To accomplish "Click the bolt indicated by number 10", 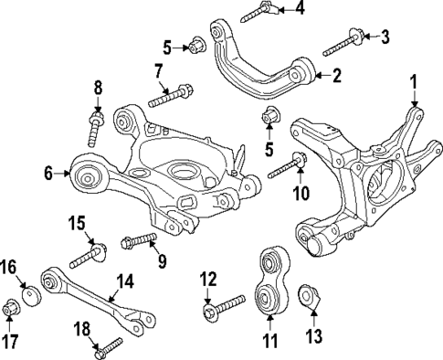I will click(x=286, y=169).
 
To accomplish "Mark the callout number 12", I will click(x=207, y=278).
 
